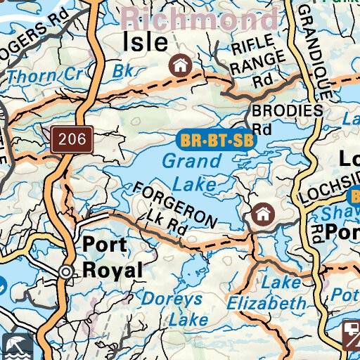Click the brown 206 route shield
pyautogui.click(x=72, y=139)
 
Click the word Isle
pyautogui.click(x=146, y=42)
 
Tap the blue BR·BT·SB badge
pyautogui.click(x=216, y=140)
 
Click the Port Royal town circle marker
pyautogui.click(x=66, y=271)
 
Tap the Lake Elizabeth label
pyautogui.click(x=266, y=293)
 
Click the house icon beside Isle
pyautogui.click(x=181, y=66)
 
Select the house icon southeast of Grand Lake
pyautogui.click(x=263, y=213)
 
